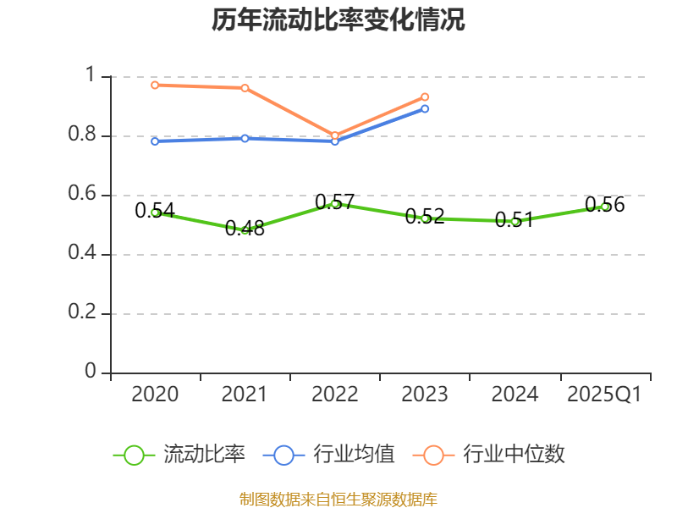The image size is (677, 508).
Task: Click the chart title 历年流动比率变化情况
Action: [338, 20]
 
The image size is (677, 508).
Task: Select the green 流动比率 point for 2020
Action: [155, 213]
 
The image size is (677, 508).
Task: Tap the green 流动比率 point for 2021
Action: [245, 229]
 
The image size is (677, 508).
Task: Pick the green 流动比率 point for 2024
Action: [515, 221]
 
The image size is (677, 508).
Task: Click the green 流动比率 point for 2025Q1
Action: [605, 207]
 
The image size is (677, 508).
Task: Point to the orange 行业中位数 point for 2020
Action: [155, 85]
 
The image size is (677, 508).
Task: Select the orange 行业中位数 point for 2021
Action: [245, 87]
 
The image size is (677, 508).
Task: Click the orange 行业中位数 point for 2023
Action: [425, 97]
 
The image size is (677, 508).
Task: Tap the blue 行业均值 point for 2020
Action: [155, 141]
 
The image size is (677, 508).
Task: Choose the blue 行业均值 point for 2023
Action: [425, 108]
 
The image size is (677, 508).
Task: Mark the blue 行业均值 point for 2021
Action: [245, 138]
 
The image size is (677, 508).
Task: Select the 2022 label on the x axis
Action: [334, 395]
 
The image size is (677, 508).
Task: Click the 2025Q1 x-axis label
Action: [604, 395]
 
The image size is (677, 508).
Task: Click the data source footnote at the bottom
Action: [338, 499]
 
